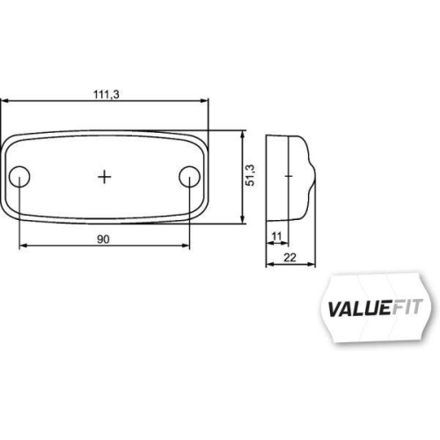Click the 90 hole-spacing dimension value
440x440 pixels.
click(105, 237)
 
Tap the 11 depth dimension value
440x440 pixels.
click(277, 236)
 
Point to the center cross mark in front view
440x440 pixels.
click(105, 176)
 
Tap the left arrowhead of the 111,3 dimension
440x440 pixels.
click(4, 102)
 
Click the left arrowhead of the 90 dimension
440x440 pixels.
click(22, 246)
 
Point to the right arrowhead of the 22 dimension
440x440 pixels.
click(311, 264)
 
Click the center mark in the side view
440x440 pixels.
click(287, 175)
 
